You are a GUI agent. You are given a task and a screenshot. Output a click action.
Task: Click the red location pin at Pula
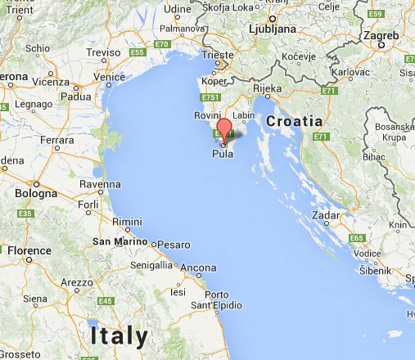pos(223,132)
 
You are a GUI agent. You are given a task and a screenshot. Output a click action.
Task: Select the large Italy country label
pos(120,335)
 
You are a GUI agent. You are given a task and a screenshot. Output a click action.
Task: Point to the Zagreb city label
pos(381,36)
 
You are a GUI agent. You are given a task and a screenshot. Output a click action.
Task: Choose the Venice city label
pos(109,78)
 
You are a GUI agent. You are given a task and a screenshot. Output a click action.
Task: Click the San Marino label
pos(120,241)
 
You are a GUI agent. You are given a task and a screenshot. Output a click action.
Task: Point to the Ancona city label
pos(198,268)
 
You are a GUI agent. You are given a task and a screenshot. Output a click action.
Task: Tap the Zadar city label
pos(326,214)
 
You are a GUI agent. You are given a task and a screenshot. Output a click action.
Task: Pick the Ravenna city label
pos(100,184)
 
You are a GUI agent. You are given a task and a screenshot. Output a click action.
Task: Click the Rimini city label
pos(127,222)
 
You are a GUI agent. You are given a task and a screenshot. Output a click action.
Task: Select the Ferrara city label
pos(56,141)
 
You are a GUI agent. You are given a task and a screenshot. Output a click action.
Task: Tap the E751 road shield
pos(210,98)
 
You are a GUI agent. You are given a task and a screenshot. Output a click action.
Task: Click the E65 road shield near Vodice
pos(356,238)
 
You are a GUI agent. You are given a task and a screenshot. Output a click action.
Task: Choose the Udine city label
pos(177,10)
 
